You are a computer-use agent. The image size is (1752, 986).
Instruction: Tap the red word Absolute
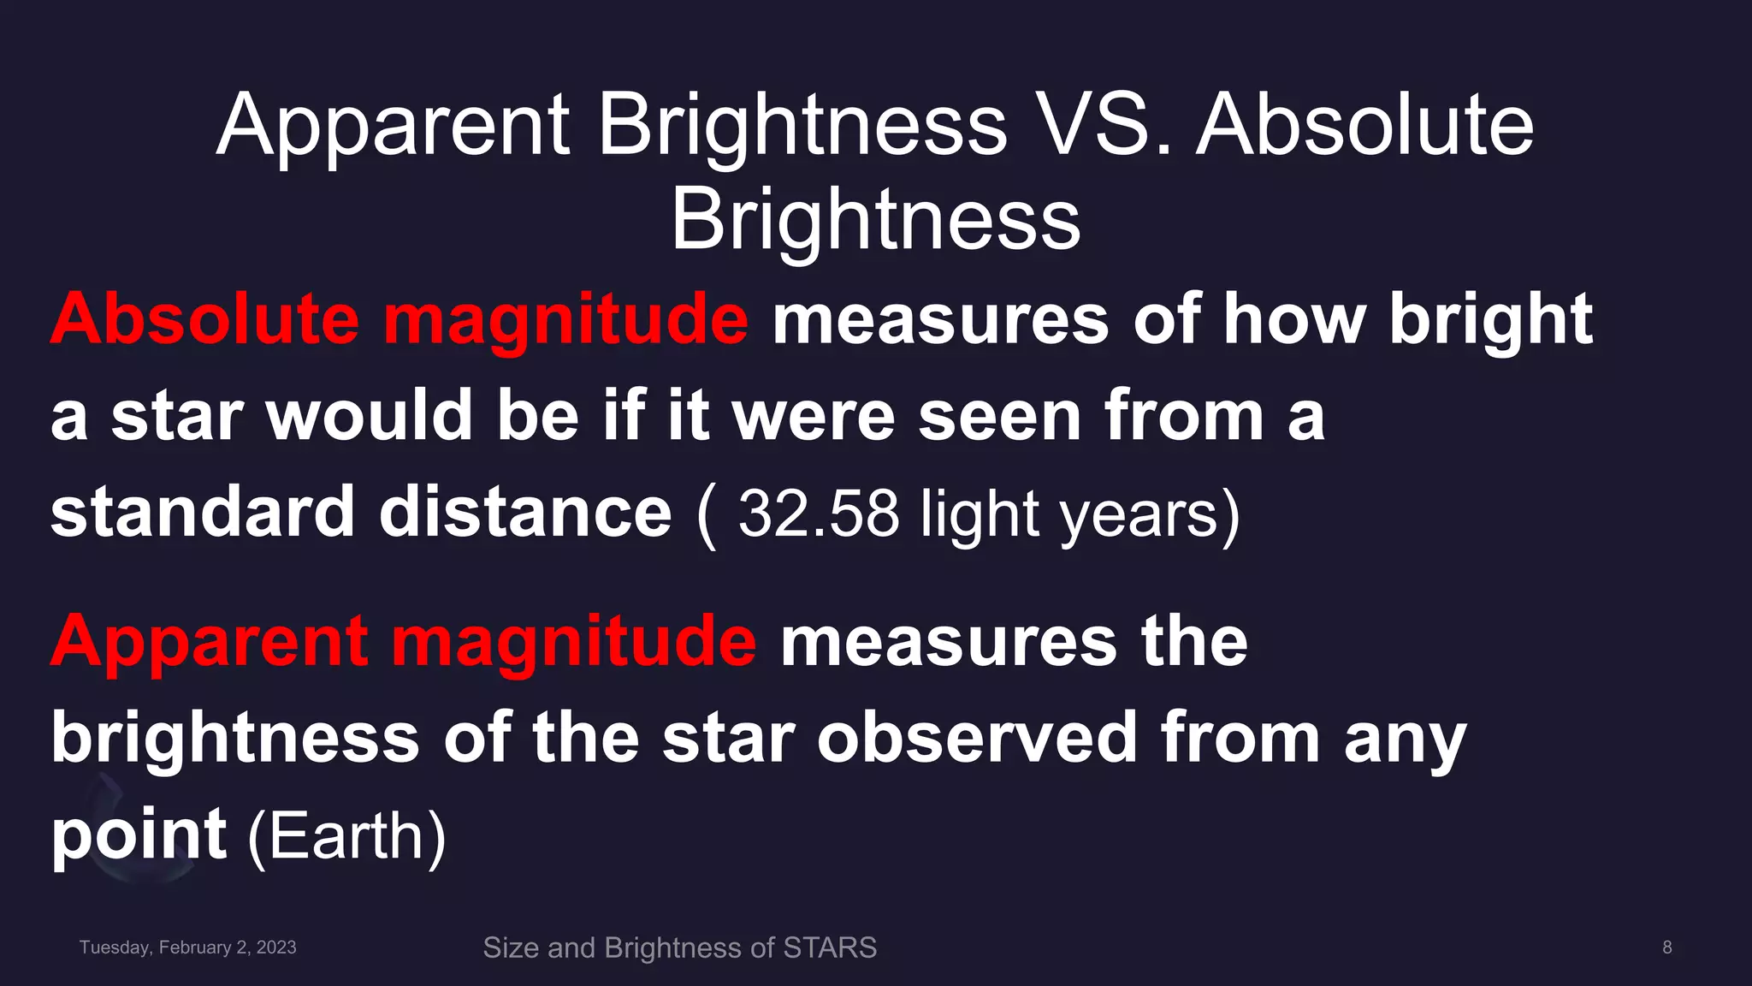204,319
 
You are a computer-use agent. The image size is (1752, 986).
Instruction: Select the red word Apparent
210,641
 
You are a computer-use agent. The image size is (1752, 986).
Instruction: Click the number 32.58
818,514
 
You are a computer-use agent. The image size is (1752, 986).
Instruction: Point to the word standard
202,512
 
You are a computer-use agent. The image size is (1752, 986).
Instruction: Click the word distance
525,512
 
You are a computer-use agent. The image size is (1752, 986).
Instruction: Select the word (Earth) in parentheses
346,836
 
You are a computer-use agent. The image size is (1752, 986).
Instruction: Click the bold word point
139,835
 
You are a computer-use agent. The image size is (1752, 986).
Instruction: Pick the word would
369,416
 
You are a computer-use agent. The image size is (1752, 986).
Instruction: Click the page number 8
1666,947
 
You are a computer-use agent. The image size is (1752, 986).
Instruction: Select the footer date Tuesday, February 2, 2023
188,947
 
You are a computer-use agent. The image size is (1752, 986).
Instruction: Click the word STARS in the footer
830,947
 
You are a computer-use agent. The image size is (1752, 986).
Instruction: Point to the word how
1293,319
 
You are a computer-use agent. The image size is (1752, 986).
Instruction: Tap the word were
814,416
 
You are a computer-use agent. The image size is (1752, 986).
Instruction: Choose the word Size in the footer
511,947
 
